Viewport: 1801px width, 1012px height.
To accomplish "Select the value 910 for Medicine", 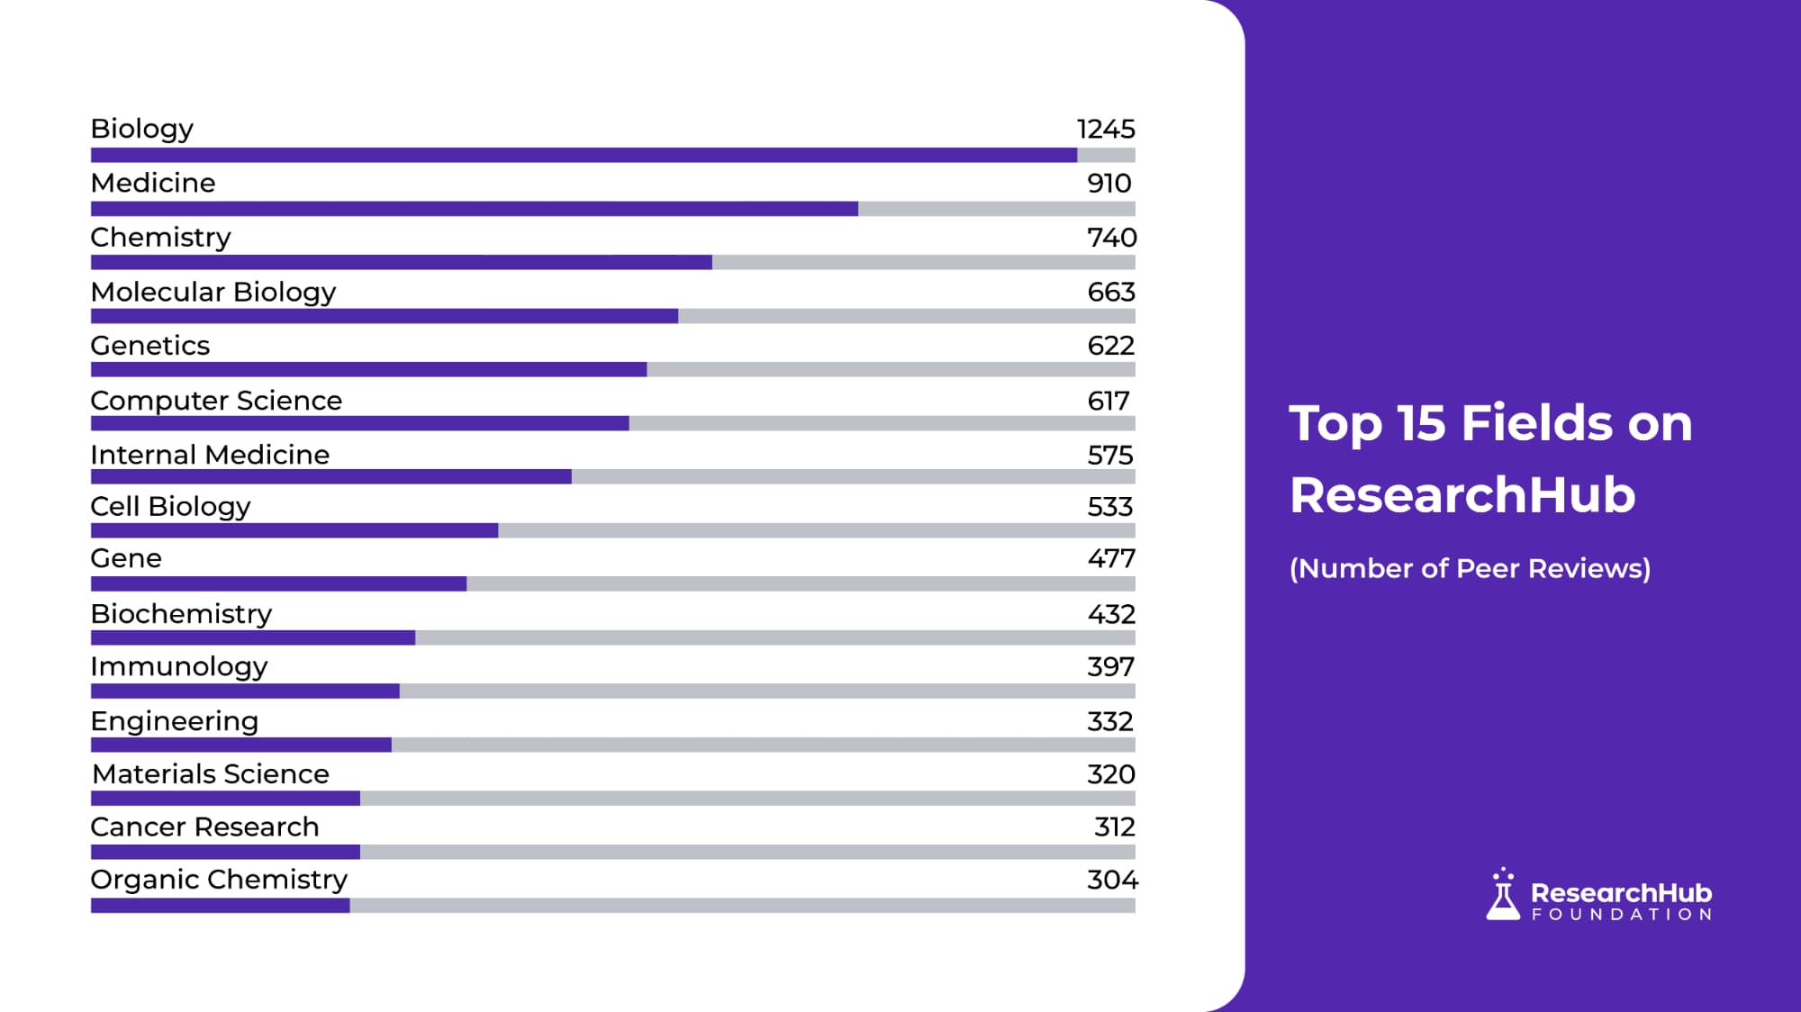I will (1109, 183).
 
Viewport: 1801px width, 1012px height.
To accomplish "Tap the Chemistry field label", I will (160, 237).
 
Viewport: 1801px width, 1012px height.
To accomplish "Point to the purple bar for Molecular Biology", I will (385, 316).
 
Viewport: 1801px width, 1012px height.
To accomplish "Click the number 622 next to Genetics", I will (1110, 346).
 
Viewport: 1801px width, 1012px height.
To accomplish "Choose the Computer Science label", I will (216, 401).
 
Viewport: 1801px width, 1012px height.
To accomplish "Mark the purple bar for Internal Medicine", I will (330, 476).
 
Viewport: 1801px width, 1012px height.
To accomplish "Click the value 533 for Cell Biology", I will (1109, 507).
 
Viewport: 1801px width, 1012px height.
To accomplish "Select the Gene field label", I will (126, 558).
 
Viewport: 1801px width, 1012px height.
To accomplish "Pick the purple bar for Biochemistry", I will (253, 637).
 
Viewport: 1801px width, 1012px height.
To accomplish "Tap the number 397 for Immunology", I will (1110, 667).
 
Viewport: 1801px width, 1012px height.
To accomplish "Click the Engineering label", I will (174, 721).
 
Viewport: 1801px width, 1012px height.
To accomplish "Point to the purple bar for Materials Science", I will (225, 798).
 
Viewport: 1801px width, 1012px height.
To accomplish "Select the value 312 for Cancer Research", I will (1114, 827).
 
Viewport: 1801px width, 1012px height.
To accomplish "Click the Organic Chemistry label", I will (219, 879).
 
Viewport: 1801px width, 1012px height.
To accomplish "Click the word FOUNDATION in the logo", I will (1622, 915).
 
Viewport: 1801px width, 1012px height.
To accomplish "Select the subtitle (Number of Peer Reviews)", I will (1470, 569).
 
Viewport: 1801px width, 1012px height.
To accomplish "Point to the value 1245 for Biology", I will (1106, 129).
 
